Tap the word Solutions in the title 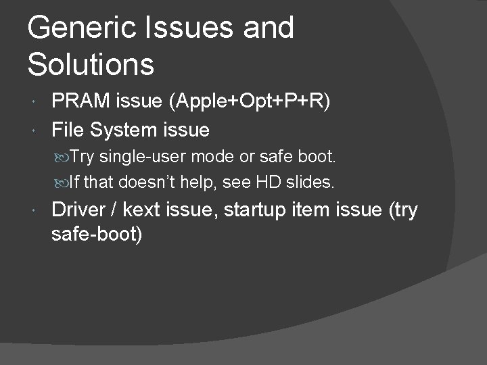pyautogui.click(x=91, y=64)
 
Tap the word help pyautogui.click(x=202, y=182)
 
